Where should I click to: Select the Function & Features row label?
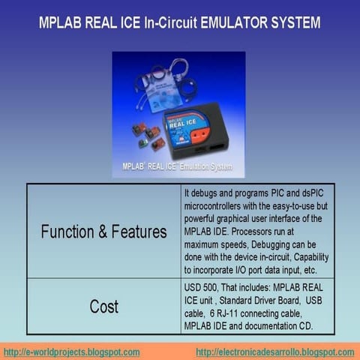click(x=103, y=231)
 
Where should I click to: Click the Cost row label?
click(x=103, y=306)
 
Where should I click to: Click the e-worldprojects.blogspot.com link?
click(x=72, y=352)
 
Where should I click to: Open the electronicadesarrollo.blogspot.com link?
click(x=274, y=352)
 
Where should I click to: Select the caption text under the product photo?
click(x=178, y=166)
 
